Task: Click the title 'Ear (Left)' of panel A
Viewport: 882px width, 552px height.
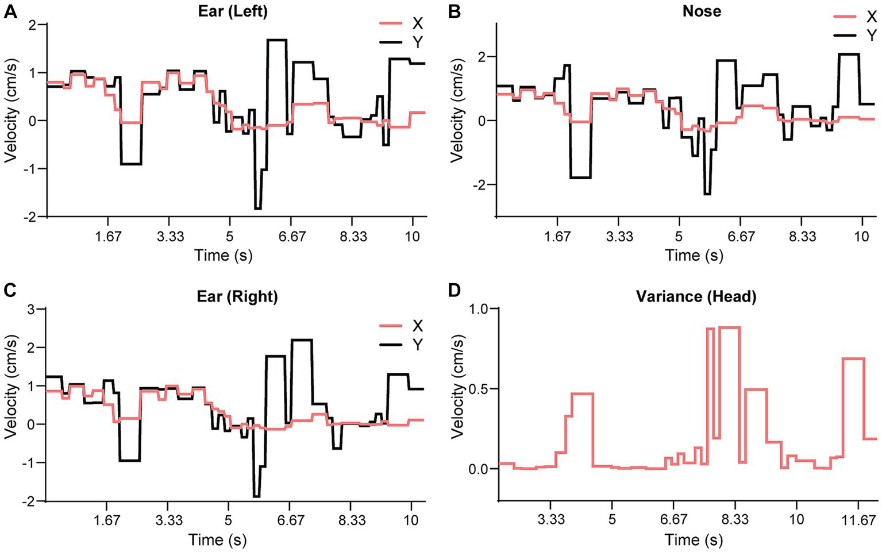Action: tap(232, 11)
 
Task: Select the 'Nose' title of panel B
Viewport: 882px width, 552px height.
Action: tap(702, 11)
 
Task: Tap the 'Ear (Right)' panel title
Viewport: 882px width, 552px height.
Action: tap(237, 296)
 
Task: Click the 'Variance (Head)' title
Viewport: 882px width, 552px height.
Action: tap(696, 296)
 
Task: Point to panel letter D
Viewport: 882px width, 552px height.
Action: tap(455, 291)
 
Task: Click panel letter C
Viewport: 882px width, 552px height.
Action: tap(9, 291)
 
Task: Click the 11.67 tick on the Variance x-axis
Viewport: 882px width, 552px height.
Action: tap(861, 520)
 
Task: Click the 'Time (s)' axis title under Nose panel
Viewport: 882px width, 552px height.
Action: tap(694, 255)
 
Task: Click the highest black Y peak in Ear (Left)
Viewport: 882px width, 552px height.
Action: tap(276, 40)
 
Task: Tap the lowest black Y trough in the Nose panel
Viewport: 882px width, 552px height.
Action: tap(707, 194)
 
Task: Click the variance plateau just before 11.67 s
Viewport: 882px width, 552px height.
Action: tap(853, 359)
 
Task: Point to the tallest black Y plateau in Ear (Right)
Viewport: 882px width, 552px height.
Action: tap(302, 340)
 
